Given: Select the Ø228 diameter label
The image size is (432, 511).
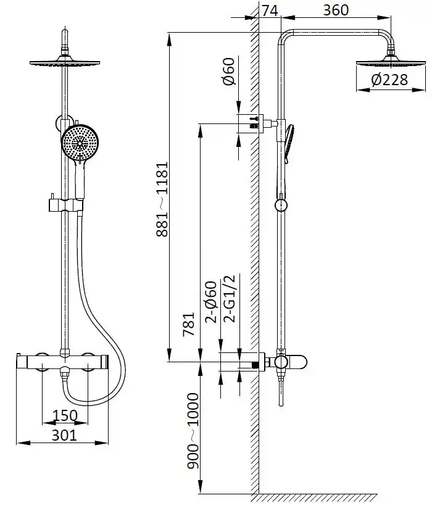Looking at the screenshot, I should [390, 80].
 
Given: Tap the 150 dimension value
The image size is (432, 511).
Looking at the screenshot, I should [65, 415].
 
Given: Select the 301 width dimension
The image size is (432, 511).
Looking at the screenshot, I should [64, 435].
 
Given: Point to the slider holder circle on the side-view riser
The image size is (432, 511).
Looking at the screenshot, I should [281, 204].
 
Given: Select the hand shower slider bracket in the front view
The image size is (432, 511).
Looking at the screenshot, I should [65, 203].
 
